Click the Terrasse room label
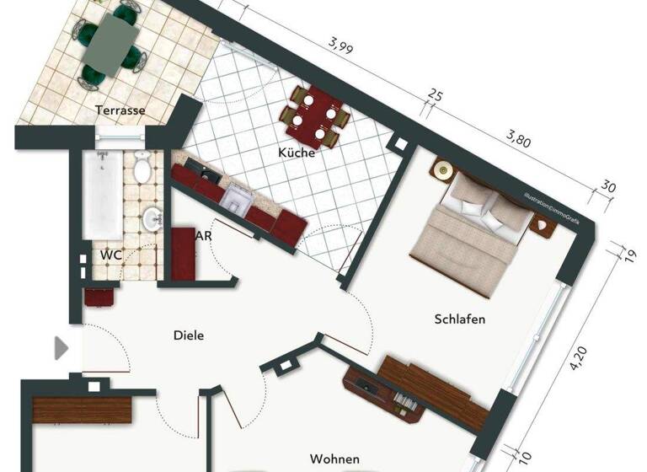(x=120, y=110)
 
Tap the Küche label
(x=297, y=153)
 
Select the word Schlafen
(x=460, y=319)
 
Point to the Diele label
(x=189, y=335)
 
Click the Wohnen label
(x=334, y=459)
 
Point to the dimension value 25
(x=436, y=95)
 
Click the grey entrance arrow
(x=61, y=348)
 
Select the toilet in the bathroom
(x=142, y=171)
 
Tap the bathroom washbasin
(x=152, y=220)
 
